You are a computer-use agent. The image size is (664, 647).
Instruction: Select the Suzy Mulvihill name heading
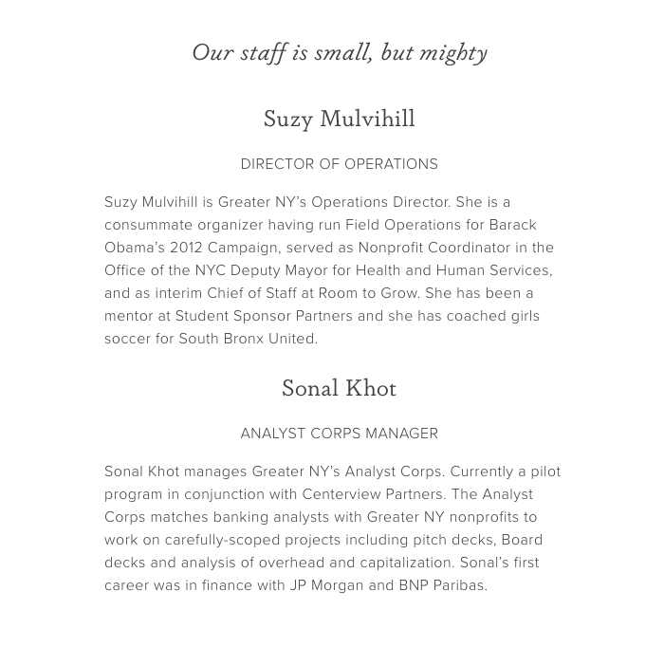click(339, 119)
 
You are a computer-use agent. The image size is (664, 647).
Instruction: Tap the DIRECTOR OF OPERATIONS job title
click(339, 164)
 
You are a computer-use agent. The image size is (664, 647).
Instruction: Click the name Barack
click(512, 225)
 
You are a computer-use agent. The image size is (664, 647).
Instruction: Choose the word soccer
click(129, 339)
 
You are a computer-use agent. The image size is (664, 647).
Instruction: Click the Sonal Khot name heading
click(339, 388)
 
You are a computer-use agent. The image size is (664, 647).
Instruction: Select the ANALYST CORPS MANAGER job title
click(339, 434)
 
